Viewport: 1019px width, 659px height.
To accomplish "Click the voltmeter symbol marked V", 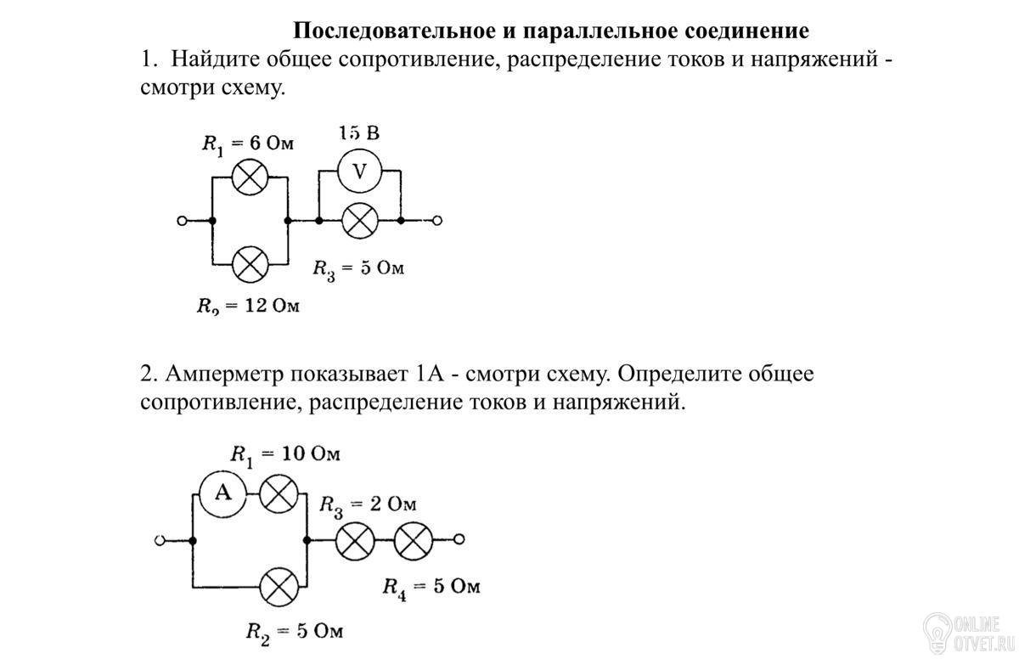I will [359, 172].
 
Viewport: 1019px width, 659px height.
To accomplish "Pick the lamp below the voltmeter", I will [359, 221].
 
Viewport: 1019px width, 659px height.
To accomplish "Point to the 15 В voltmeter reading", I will [358, 133].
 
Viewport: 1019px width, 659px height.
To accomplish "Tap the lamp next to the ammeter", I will [279, 493].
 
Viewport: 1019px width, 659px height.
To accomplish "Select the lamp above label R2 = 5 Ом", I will [279, 586].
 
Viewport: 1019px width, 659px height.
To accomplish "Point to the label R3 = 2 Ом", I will [368, 505].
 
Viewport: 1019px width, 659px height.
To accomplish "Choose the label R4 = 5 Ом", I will [431, 587].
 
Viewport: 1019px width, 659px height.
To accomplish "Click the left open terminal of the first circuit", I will [182, 221].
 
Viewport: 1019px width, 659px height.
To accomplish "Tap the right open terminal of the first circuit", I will [436, 221].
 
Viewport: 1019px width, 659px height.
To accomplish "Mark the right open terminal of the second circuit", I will [459, 539].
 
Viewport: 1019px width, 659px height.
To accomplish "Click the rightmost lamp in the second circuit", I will [414, 539].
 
